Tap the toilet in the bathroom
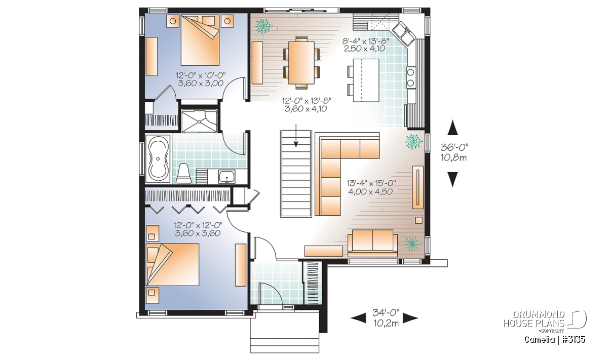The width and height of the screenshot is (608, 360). (183, 173)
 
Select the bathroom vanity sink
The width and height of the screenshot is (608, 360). (227, 176)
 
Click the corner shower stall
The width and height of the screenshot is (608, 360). (199, 121)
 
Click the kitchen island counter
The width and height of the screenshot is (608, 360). (366, 80)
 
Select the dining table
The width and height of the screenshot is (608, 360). (301, 62)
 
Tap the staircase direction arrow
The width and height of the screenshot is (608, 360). (296, 135)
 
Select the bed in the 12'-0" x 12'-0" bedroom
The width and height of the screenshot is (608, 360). (173, 264)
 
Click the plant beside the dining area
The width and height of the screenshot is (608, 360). (263, 26)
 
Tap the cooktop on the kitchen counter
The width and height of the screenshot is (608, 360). (411, 77)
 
